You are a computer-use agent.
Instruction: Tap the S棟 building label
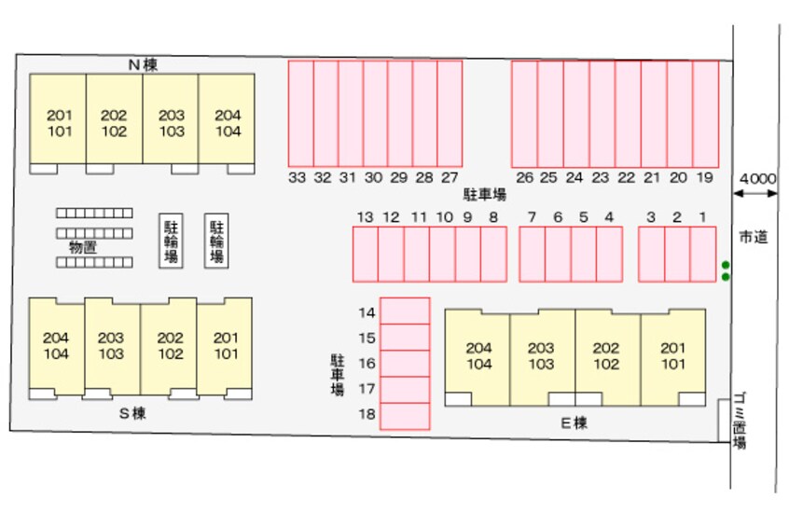[131, 412]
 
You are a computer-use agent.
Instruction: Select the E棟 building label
[574, 422]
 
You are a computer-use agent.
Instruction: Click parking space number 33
[300, 114]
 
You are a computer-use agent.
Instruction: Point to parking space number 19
[705, 114]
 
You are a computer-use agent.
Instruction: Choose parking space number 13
[366, 254]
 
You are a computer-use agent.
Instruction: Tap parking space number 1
[702, 254]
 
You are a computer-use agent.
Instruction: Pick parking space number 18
[405, 416]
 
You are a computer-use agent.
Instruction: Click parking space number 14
[405, 311]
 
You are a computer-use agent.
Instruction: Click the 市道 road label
[753, 237]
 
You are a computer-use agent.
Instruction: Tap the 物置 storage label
[83, 247]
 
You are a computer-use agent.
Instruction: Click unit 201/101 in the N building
[59, 123]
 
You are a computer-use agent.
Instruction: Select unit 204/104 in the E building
[478, 356]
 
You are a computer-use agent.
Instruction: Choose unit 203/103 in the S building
[112, 345]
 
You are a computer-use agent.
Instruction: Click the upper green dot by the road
[726, 265]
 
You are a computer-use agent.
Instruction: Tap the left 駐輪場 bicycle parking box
[172, 242]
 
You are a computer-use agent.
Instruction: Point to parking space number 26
[524, 114]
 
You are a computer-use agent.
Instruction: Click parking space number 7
[532, 254]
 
